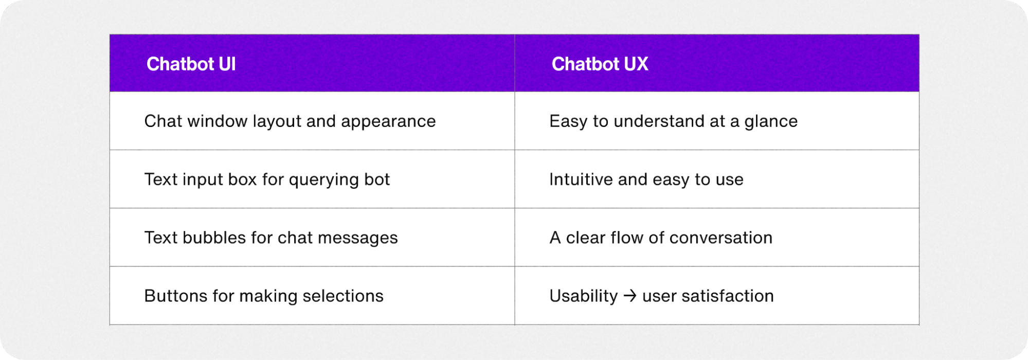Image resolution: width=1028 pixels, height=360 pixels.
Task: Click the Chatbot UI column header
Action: [x=191, y=64]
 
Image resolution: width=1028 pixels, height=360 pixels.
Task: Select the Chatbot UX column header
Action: [x=600, y=64]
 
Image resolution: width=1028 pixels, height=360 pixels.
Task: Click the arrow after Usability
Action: [x=630, y=296]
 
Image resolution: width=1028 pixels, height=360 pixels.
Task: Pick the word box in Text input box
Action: [x=242, y=179]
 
